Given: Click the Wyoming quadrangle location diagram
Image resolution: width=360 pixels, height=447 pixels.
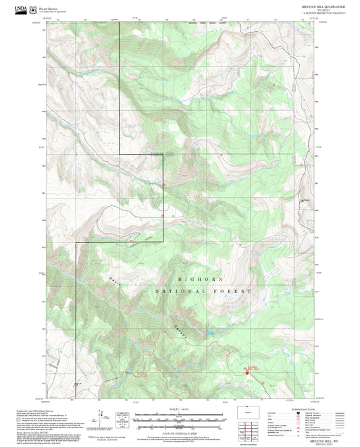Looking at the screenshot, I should point(247,413).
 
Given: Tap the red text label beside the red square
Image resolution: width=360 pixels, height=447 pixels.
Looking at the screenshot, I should point(251,367).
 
